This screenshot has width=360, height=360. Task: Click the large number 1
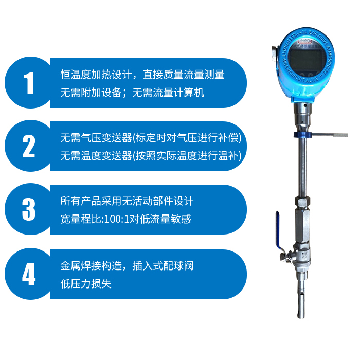tap(28, 82)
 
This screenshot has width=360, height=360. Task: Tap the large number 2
tap(28, 146)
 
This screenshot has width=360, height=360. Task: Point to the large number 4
tap(28, 274)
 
